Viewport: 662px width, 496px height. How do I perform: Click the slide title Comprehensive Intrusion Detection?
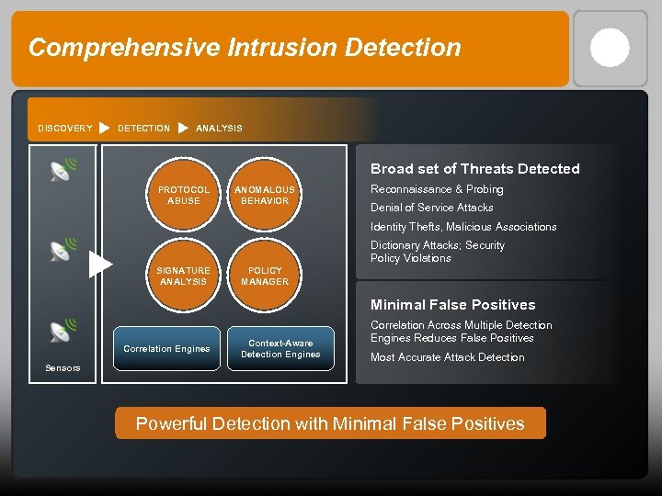coord(245,48)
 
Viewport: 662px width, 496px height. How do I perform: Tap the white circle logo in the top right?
coord(610,48)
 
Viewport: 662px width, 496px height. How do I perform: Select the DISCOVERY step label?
coord(65,129)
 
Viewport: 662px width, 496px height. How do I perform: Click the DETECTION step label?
coord(143,129)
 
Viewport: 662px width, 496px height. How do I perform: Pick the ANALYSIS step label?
coord(219,129)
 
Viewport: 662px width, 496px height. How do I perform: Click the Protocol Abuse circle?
coord(184,196)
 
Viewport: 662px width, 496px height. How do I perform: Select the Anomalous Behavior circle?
coord(265,196)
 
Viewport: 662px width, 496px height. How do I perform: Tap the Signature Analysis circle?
coord(184,276)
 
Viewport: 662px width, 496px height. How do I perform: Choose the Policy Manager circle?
coord(265,276)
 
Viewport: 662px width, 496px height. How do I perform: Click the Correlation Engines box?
coord(166,349)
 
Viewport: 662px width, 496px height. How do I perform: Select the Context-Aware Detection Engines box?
coord(280,349)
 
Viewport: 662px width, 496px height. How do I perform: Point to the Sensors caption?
coord(63,368)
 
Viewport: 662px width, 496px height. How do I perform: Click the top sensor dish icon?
coord(63,170)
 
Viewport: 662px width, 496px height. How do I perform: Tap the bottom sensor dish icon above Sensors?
coord(63,330)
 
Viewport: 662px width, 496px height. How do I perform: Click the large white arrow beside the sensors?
coord(100,265)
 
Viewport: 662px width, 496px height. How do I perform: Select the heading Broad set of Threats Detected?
coord(474,169)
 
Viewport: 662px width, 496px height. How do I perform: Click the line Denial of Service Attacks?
coord(431,208)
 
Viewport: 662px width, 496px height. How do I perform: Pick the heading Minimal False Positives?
coord(452,305)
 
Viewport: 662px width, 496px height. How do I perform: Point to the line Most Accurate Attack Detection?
coord(447,357)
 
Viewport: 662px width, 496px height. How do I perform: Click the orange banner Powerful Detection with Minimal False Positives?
coord(330,423)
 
